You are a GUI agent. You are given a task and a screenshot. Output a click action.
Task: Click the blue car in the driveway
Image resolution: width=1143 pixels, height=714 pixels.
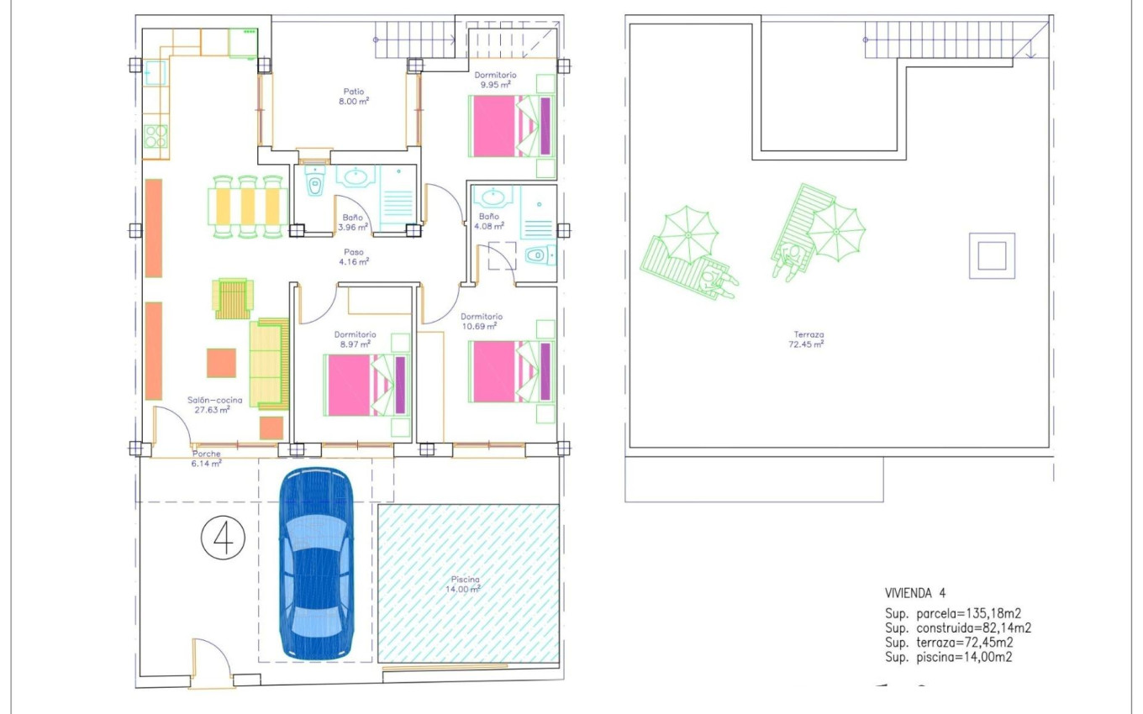click(315, 563)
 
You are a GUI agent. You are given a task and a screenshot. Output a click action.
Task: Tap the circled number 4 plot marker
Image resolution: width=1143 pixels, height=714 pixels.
click(223, 538)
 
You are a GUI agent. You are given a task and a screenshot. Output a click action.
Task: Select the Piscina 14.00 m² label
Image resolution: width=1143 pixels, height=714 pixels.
click(464, 585)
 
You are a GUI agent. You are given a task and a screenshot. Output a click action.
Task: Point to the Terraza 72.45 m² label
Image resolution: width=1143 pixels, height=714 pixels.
click(804, 339)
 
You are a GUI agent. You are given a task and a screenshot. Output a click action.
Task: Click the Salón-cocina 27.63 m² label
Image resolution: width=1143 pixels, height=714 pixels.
click(214, 406)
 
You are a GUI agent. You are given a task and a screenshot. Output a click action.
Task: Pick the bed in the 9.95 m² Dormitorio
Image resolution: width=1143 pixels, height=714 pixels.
click(512, 126)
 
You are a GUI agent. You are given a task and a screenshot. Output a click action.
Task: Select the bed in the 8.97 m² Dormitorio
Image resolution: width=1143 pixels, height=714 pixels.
click(367, 385)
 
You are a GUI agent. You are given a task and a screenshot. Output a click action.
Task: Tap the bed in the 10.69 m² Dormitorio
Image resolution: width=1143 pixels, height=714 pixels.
click(512, 371)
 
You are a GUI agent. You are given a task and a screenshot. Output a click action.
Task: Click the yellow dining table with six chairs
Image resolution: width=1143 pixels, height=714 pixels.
click(248, 207)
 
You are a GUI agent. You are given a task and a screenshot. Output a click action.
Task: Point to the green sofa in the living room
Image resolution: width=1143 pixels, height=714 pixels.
click(267, 365)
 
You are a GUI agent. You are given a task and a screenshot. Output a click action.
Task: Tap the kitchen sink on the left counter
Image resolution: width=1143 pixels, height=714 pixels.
click(155, 74)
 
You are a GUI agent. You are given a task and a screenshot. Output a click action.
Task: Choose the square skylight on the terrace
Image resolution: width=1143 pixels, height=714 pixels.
click(993, 255)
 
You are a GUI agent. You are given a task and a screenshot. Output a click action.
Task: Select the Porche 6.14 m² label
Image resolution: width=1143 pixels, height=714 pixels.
click(207, 459)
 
